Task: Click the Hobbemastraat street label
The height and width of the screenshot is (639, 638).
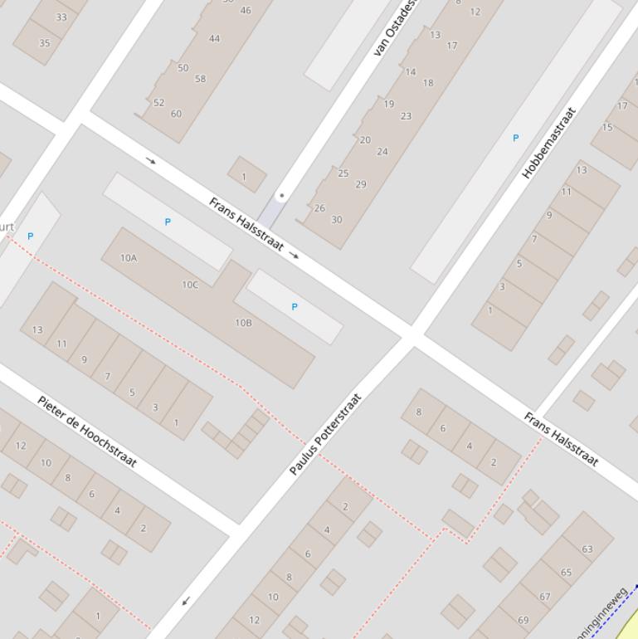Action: pyautogui.click(x=549, y=142)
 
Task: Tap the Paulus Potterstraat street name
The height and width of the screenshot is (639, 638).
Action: pyautogui.click(x=326, y=434)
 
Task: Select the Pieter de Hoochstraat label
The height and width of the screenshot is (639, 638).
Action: pyautogui.click(x=87, y=432)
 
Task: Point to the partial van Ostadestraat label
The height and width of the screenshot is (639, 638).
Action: pyautogui.click(x=395, y=28)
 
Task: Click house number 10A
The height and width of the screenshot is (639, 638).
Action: pyautogui.click(x=129, y=258)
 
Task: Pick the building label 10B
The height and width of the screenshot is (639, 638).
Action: pyautogui.click(x=243, y=323)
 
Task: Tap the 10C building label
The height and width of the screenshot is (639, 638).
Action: pyautogui.click(x=190, y=285)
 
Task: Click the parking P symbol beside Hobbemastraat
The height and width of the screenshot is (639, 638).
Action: pyautogui.click(x=515, y=139)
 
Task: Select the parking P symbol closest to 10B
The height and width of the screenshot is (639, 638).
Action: pyautogui.click(x=295, y=307)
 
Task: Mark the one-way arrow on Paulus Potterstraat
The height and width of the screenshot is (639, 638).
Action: pyautogui.click(x=186, y=601)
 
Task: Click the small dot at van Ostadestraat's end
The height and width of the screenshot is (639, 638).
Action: pyautogui.click(x=282, y=196)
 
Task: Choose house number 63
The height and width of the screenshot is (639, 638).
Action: pyautogui.click(x=587, y=549)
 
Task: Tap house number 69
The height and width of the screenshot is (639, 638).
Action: pyautogui.click(x=524, y=620)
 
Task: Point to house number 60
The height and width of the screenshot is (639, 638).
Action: pyautogui.click(x=176, y=114)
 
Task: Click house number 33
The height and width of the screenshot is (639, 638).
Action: pyautogui.click(x=61, y=17)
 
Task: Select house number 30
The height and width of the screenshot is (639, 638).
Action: pyautogui.click(x=336, y=220)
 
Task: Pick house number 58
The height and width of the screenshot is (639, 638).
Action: pyautogui.click(x=200, y=79)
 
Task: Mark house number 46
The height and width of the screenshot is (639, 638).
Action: pyautogui.click(x=246, y=11)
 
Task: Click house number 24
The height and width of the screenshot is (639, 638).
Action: pyautogui.click(x=382, y=151)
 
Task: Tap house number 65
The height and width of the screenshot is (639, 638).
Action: pyautogui.click(x=566, y=573)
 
